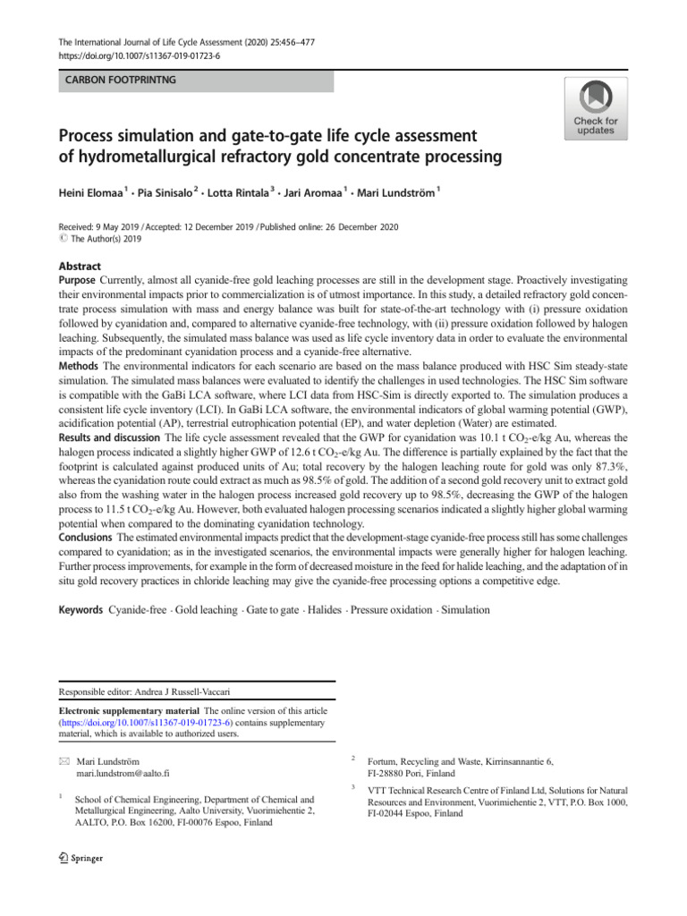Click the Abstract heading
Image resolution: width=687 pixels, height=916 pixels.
pos(80,267)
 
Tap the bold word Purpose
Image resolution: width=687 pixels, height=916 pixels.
pos(81,281)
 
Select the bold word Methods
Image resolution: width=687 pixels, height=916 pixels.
pos(81,367)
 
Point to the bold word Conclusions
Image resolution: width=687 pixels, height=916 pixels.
pos(88,539)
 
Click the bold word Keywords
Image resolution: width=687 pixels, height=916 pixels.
pos(81,609)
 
